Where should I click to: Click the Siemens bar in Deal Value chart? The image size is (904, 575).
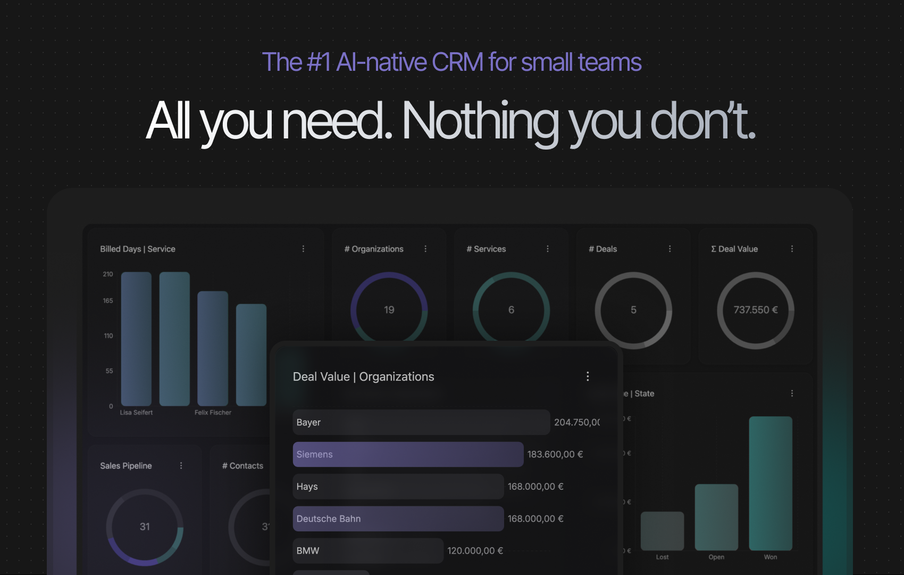(408, 454)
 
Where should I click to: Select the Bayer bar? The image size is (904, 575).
(421, 422)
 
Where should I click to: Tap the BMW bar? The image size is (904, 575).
(368, 551)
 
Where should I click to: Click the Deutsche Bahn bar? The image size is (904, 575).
(398, 519)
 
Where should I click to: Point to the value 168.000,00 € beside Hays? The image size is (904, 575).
(535, 487)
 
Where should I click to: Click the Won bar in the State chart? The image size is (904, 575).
(771, 483)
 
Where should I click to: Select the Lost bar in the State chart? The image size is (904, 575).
(662, 531)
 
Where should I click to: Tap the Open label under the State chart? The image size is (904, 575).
(716, 557)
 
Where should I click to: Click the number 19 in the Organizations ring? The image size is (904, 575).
(389, 310)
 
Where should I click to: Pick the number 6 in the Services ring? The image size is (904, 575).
(511, 310)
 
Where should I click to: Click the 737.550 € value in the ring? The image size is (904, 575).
(756, 310)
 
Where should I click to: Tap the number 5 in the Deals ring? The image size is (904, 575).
(633, 310)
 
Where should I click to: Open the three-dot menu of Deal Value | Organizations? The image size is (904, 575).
(588, 376)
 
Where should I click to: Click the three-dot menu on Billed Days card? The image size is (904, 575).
(303, 249)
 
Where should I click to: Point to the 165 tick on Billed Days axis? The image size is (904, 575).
(108, 301)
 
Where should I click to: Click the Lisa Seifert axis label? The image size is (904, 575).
(136, 413)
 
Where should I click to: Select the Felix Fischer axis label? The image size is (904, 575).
(213, 413)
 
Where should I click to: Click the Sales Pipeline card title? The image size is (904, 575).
(126, 466)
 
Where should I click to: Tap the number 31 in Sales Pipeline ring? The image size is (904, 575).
(145, 527)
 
